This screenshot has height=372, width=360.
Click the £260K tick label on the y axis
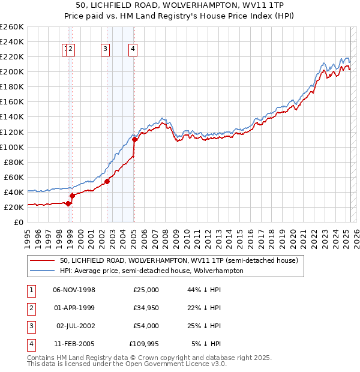(12, 27)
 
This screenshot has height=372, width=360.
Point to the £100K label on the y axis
(12, 147)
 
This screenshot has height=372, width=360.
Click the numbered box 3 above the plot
(105, 50)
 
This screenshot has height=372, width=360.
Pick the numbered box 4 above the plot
(133, 50)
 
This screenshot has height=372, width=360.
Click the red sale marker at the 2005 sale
(134, 139)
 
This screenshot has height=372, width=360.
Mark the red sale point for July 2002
(107, 181)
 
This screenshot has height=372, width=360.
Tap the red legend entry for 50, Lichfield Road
(174, 260)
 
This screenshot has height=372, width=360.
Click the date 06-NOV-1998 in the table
(74, 290)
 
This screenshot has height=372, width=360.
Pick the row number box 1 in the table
(31, 290)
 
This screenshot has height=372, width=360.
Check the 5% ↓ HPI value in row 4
(206, 344)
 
